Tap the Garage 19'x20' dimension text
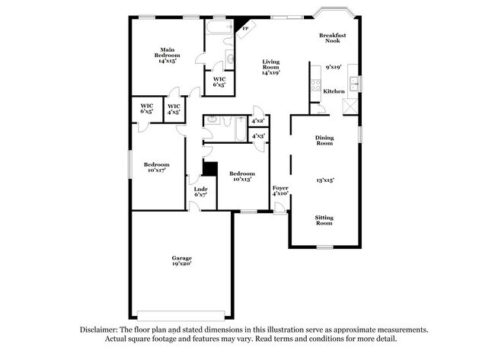pyautogui.click(x=180, y=263)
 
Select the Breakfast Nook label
pyautogui.click(x=334, y=37)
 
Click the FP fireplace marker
pyautogui.click(x=245, y=30)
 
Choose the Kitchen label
pyautogui.click(x=334, y=91)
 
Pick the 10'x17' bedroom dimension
pyautogui.click(x=157, y=170)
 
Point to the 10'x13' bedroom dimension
pyautogui.click(x=241, y=179)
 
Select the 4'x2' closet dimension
pyautogui.click(x=257, y=121)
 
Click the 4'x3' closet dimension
pyautogui.click(x=257, y=136)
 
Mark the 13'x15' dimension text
pyautogui.click(x=325, y=180)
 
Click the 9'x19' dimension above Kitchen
pyautogui.click(x=334, y=67)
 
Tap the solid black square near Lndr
pyautogui.click(x=209, y=169)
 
